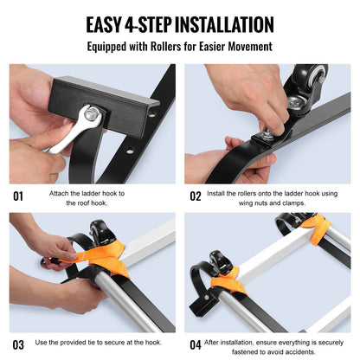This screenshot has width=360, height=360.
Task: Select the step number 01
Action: [18, 196]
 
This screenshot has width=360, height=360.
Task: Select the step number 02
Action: [196, 196]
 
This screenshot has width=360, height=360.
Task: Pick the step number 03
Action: [18, 344]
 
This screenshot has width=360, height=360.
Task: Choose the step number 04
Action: [196, 344]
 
